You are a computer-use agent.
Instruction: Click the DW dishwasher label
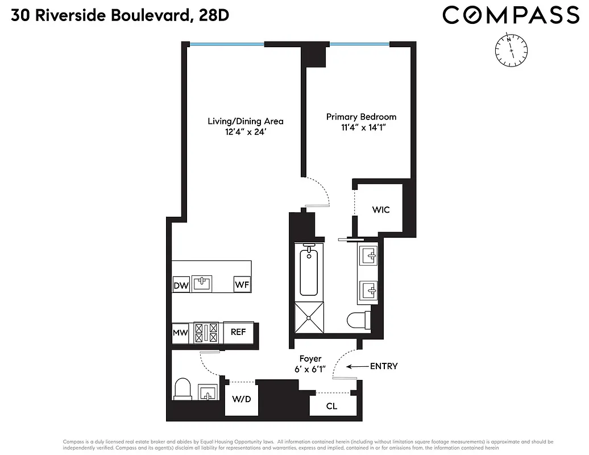tap(181, 286)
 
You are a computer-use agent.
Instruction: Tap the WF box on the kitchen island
tap(242, 284)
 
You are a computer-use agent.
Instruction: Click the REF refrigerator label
tap(238, 332)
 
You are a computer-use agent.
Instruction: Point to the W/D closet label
tap(241, 399)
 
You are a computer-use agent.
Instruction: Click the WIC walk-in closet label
tap(381, 210)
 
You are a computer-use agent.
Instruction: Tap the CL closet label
tap(331, 406)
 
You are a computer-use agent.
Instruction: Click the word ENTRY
tap(384, 366)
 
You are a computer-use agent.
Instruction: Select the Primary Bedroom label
tap(361, 117)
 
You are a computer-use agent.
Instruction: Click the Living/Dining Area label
tap(245, 121)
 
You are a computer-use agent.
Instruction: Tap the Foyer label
tap(310, 359)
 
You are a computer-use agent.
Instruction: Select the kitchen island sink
tap(202, 283)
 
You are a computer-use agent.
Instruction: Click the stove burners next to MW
tap(206, 332)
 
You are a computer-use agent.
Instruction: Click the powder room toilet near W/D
tap(182, 389)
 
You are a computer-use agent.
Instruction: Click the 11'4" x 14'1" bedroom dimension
tap(361, 128)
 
